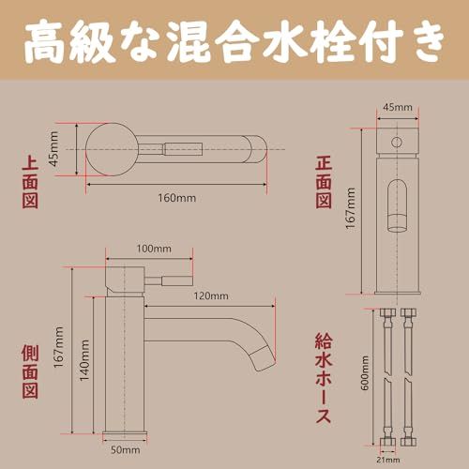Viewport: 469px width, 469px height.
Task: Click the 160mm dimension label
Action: [177, 198]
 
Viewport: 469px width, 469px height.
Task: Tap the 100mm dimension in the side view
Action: [154, 249]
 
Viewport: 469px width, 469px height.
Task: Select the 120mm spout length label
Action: [212, 296]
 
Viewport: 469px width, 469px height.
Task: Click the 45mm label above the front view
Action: [397, 109]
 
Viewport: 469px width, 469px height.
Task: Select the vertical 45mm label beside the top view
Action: [54, 147]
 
